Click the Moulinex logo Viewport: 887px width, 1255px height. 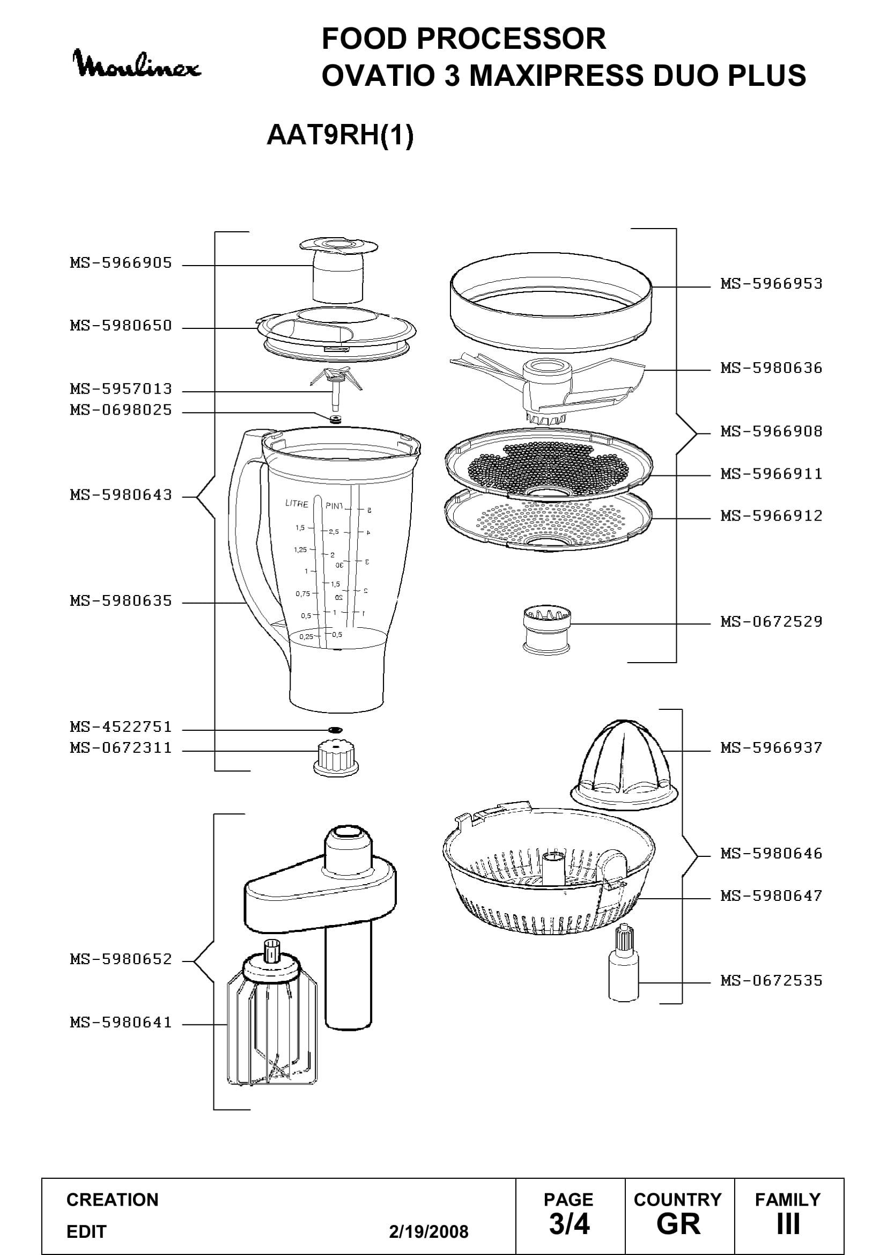(137, 64)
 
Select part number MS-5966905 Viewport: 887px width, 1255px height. (121, 263)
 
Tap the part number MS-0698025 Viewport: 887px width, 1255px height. (121, 410)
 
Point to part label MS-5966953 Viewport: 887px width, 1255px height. (771, 284)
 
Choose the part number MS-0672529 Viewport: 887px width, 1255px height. (771, 621)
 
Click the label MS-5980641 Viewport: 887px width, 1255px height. (121, 1022)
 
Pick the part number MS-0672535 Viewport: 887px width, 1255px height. (771, 981)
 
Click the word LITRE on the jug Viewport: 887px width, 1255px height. (297, 503)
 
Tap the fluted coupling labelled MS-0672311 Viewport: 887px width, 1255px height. (336, 758)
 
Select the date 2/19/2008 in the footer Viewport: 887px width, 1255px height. (429, 1231)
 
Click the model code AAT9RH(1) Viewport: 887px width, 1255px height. (339, 135)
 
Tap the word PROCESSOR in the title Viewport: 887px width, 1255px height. (512, 39)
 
